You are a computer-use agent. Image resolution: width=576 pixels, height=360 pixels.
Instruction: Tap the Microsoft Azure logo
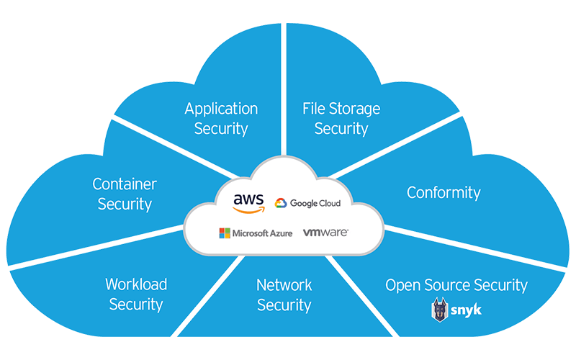pyautogui.click(x=256, y=233)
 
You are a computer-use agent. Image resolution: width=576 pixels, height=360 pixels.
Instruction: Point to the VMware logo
pyautogui.click(x=325, y=233)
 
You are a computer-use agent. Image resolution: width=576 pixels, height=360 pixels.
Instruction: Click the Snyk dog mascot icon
pyautogui.click(x=439, y=310)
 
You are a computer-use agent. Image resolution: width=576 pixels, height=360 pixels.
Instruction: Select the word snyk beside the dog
pyautogui.click(x=467, y=310)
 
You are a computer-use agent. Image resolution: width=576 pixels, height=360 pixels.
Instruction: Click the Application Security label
pyautogui.click(x=221, y=119)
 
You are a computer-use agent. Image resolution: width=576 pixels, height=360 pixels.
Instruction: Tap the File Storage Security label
pyautogui.click(x=341, y=119)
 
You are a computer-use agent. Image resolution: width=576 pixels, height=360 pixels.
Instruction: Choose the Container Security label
pyautogui.click(x=125, y=194)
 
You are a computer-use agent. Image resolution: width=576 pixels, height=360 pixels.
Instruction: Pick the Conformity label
pyautogui.click(x=444, y=192)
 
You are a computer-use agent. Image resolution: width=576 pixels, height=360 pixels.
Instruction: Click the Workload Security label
pyautogui.click(x=136, y=294)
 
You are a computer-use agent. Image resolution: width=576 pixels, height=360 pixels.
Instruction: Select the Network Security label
pyautogui.click(x=284, y=294)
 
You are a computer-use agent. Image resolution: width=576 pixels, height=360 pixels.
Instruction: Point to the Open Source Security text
pyautogui.click(x=456, y=285)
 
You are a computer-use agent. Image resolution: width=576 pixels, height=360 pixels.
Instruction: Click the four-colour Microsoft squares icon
pyautogui.click(x=225, y=233)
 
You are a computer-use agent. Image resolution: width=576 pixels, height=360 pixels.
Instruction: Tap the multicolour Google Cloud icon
pyautogui.click(x=281, y=204)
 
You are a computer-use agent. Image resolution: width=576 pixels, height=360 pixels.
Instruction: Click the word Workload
pyautogui.click(x=136, y=284)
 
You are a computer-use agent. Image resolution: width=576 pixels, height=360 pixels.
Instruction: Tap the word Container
pyautogui.click(x=125, y=184)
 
